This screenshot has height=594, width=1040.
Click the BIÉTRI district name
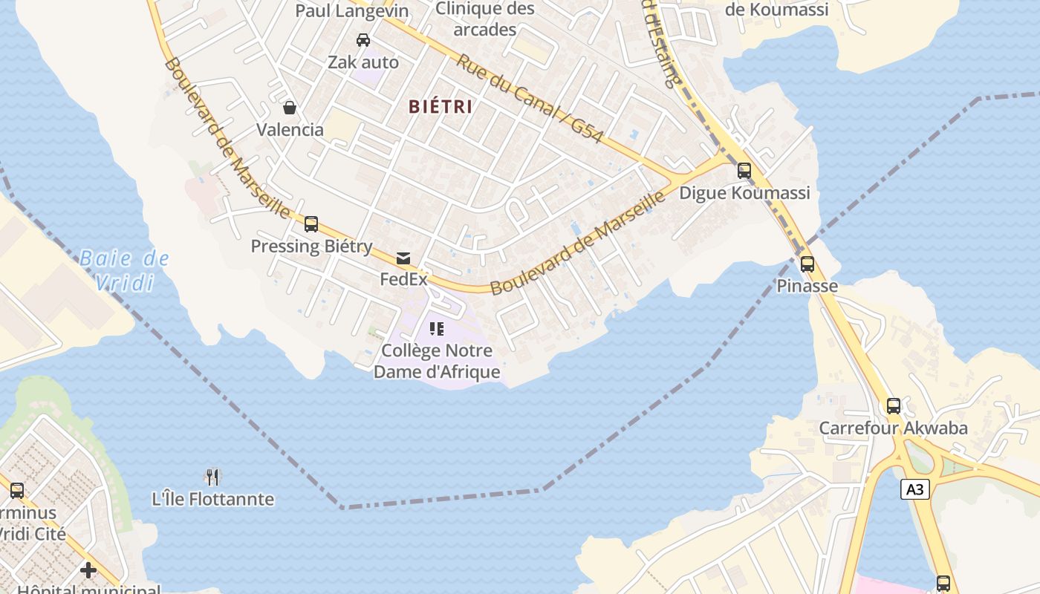441,106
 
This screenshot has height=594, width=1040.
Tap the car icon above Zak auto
363,40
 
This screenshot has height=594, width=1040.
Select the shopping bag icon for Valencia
290,108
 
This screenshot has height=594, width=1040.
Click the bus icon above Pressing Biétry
311,223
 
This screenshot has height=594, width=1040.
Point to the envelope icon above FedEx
403,258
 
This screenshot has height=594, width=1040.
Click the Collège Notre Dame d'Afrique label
437,361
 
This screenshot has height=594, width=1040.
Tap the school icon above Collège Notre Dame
437,328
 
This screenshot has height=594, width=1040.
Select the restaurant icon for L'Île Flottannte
213,476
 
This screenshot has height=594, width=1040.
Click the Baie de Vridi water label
124,270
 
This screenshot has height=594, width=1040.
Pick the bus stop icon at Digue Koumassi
744,171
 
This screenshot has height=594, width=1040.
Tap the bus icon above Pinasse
807,264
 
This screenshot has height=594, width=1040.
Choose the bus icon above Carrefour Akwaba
894,406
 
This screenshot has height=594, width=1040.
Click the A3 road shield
916,489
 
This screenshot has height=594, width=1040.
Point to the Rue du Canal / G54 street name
528,97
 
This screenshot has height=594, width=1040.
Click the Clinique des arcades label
484,19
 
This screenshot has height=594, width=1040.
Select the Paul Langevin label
352,10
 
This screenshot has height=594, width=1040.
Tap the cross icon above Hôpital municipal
88,570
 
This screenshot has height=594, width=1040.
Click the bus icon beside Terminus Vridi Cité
17,490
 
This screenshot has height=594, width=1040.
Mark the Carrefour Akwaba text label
893,428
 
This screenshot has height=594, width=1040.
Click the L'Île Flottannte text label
213,500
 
